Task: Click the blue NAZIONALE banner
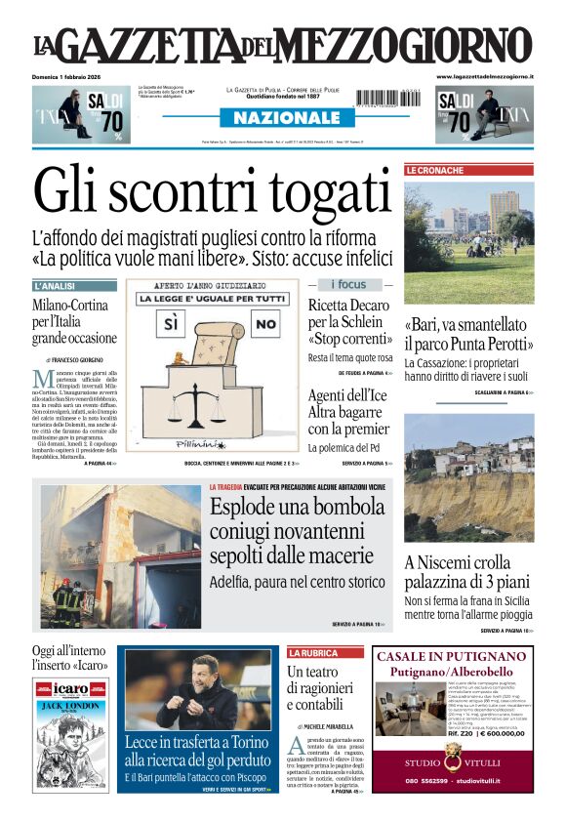282,118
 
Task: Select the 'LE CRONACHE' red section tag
435,170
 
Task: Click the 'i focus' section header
348,285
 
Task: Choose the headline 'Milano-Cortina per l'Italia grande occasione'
74,322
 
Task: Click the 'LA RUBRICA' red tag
312,652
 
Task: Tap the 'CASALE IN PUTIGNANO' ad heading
451,656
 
